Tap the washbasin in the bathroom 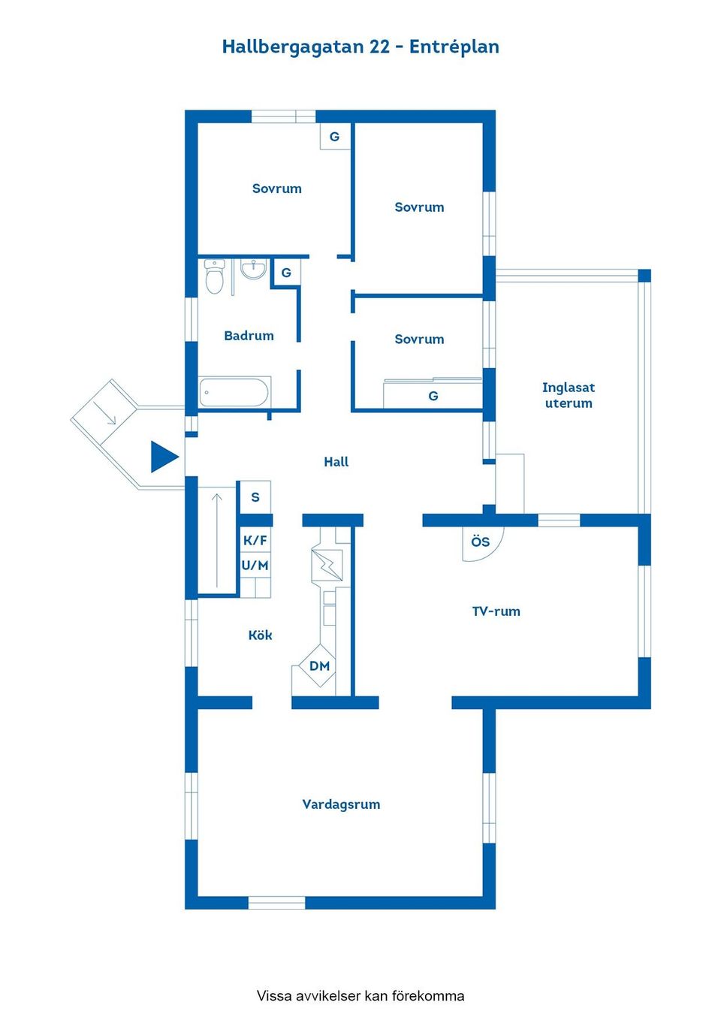point(253,269)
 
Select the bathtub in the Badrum point(234,392)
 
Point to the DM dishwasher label point(319,666)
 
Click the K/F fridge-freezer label point(255,541)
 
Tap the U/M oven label point(255,566)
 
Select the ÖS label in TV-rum point(480,542)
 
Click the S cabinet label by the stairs point(255,497)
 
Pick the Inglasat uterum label point(569,395)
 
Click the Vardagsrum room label point(342,804)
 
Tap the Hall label point(336,462)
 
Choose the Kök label point(261,635)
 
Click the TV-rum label point(496,611)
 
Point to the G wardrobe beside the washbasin point(286,273)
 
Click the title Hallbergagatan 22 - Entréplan point(360,47)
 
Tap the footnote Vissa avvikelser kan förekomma point(360,996)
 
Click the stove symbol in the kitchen point(327,565)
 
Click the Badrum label point(249,336)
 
